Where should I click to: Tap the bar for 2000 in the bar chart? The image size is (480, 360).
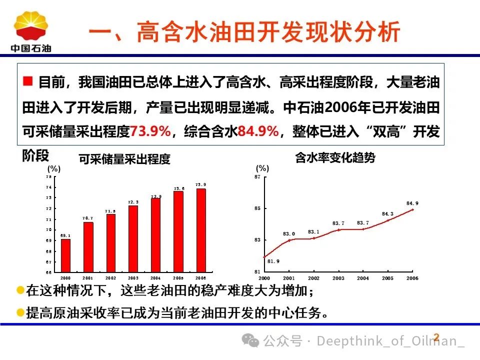65,255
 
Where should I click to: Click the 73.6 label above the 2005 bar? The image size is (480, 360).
179,188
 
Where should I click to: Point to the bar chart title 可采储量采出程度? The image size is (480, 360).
124,159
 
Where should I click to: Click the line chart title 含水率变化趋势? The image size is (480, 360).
335,158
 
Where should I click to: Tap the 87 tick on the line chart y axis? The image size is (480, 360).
257,177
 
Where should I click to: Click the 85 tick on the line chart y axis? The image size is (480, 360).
257,208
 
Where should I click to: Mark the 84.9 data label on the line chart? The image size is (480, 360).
412,203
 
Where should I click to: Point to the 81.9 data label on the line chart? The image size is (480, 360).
273,261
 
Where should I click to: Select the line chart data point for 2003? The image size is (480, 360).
338,229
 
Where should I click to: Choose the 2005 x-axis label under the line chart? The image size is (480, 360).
387,278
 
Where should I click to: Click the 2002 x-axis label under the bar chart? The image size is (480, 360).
110,277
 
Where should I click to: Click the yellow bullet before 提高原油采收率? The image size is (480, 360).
20,313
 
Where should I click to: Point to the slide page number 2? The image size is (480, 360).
436,337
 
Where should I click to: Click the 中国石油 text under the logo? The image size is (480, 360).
31,48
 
